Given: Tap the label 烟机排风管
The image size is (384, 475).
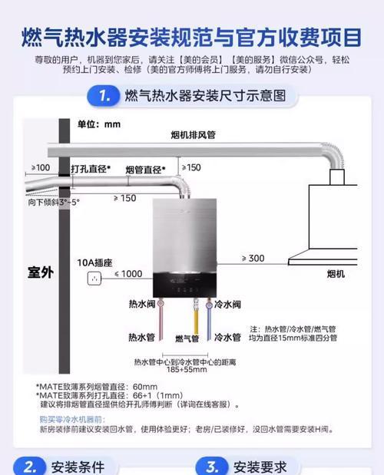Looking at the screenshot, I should click(x=193, y=135).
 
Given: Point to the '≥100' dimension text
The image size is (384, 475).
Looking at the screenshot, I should click(x=40, y=167).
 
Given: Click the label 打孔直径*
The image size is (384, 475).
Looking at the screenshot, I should click(x=91, y=169).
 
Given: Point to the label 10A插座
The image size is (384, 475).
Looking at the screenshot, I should click(x=94, y=262).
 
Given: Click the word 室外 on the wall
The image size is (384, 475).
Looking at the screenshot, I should click(x=41, y=272).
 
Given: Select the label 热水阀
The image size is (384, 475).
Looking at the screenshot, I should click(x=144, y=305).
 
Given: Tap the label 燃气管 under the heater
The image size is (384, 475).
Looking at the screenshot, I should click(x=187, y=338).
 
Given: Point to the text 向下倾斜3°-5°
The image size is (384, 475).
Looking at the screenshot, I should click(x=54, y=203).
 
